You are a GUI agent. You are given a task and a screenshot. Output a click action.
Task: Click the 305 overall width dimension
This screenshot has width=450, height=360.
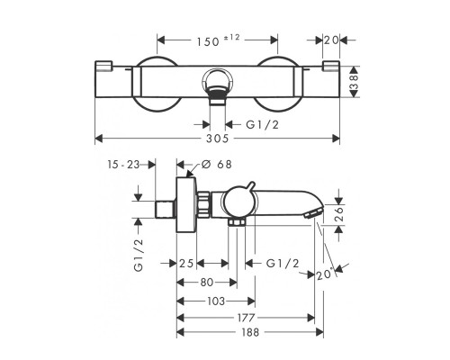tap(218, 139)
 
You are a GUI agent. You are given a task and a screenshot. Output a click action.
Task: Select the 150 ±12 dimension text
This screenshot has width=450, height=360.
tap(219, 40)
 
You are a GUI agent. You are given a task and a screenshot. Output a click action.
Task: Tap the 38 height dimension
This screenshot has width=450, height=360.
tap(355, 82)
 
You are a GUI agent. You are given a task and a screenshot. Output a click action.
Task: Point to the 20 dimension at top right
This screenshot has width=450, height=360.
tap(331, 40)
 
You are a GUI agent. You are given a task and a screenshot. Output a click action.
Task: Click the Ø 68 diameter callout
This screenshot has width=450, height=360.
tap(217, 164)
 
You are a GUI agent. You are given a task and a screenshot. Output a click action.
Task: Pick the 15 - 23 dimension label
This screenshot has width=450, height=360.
tap(123, 165)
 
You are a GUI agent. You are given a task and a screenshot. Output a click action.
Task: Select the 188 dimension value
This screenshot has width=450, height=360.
tap(250, 332)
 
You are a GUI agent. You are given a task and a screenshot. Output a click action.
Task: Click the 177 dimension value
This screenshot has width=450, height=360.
tap(246, 318)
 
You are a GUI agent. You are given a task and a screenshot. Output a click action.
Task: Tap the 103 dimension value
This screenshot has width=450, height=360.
tap(216, 301)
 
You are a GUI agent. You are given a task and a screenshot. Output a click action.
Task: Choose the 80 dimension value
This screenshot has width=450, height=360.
tap(206, 283)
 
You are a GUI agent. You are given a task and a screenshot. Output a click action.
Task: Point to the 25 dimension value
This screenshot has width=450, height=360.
tap(186, 264)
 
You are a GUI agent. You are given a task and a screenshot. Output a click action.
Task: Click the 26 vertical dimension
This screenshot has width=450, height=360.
tap(339, 214)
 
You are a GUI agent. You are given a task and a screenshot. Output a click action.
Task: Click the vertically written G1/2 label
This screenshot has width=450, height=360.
tap(139, 255)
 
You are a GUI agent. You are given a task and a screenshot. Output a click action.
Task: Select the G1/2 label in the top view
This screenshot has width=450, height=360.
tap(263, 124)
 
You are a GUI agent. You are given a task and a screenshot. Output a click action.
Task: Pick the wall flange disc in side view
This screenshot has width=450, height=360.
tap(186, 204)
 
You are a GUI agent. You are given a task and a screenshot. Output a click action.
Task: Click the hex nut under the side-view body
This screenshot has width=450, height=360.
tap(237, 222)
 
